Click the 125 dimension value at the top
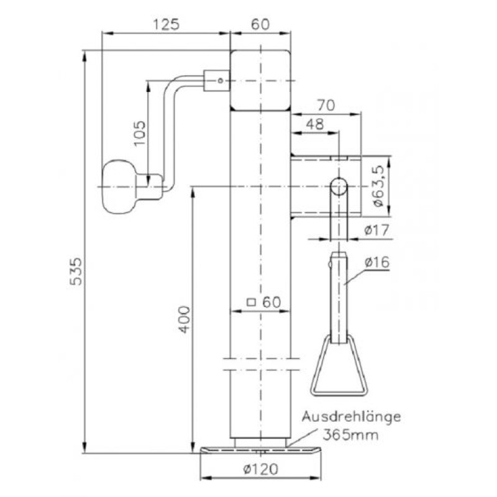coord(166,24)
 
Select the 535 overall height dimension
coord(76,271)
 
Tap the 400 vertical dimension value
coord(185,319)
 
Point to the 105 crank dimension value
coord(139,133)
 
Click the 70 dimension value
coord(326,105)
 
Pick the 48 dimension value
coord(315,124)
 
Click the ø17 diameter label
coord(376,230)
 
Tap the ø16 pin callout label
coord(377,262)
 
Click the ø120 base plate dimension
coord(261,469)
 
